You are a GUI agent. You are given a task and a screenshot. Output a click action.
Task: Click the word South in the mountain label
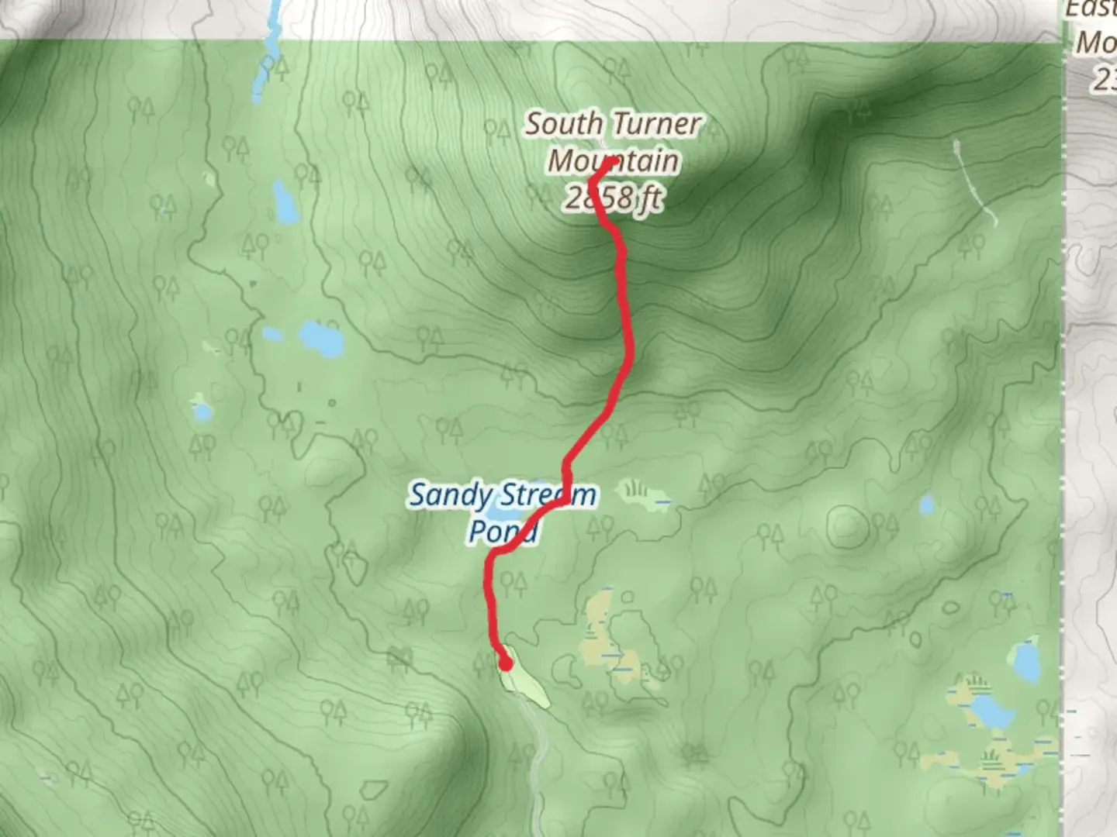click(563, 124)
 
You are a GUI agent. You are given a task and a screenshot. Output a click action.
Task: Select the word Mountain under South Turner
click(613, 161)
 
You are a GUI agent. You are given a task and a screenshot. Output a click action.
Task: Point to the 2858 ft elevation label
click(613, 198)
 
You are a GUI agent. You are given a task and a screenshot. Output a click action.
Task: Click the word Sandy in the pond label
click(450, 495)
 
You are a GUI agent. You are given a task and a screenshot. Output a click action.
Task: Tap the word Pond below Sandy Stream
click(503, 532)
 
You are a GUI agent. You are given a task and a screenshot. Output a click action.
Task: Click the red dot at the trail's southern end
click(506, 663)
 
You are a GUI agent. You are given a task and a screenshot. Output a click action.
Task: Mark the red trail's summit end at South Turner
click(612, 161)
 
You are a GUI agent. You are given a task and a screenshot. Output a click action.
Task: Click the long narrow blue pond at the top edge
click(270, 46)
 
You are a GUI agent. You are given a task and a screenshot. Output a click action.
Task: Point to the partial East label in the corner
click(1090, 9)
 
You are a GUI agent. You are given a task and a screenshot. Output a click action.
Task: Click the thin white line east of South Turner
click(973, 182)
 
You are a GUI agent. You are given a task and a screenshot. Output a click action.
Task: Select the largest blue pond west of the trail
click(320, 338)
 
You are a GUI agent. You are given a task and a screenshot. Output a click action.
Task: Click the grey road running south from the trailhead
click(537, 759)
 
